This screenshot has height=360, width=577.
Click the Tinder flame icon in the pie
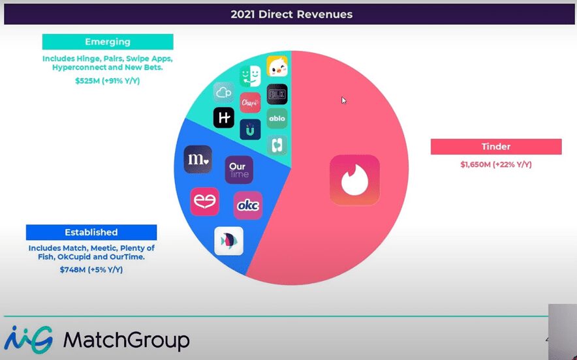pyautogui.click(x=354, y=180)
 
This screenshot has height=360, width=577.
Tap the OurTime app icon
pyautogui.click(x=238, y=170)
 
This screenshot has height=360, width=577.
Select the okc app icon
pyautogui.click(x=248, y=205)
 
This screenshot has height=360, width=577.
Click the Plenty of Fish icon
pyautogui.click(x=229, y=241)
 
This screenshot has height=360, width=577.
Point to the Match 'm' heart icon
pyautogui.click(x=198, y=160)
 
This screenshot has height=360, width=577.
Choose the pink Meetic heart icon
pyautogui.click(x=204, y=201)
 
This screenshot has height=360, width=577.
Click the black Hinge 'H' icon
pyautogui.click(x=224, y=117)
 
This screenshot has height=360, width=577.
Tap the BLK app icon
pyautogui.click(x=277, y=94)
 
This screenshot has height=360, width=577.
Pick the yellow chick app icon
pyautogui.click(x=277, y=67)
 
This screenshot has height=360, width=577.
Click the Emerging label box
pyautogui.click(x=108, y=42)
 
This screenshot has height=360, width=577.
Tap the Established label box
pyautogui.click(x=91, y=232)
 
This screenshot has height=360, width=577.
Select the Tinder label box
pyautogui.click(x=496, y=147)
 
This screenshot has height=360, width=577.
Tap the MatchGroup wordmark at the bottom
pyautogui.click(x=126, y=339)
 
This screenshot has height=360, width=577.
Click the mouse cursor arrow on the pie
pyautogui.click(x=344, y=100)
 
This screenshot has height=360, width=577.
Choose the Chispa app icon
pyautogui.click(x=250, y=102)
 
